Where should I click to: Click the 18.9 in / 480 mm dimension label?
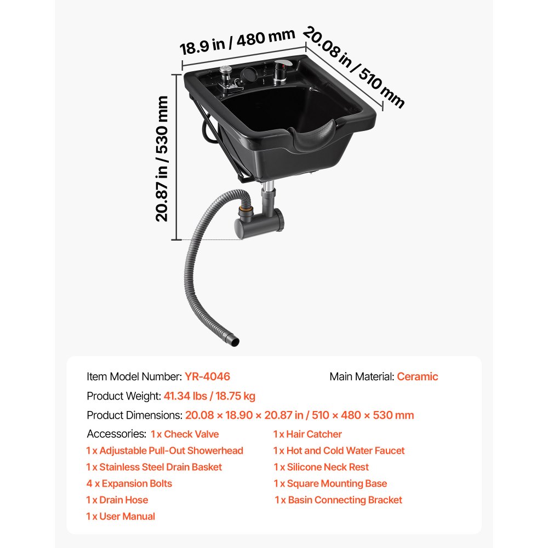click(237, 42)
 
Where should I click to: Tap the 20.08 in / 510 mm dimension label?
click(353, 67)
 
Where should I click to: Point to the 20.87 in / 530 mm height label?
click(162, 159)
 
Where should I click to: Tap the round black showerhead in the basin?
click(248, 75)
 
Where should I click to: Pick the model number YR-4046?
click(207, 376)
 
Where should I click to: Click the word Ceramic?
click(417, 376)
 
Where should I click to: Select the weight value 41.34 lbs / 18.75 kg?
click(209, 396)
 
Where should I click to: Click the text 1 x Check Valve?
click(185, 434)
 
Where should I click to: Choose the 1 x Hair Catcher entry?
click(307, 434)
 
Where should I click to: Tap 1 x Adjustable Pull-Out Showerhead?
click(164, 450)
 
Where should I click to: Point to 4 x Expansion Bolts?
click(129, 483)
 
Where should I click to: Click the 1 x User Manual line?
click(121, 516)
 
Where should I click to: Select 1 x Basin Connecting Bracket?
click(338, 500)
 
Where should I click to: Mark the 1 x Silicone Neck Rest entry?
click(321, 467)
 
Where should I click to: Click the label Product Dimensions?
click(135, 415)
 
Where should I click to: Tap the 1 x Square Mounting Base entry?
click(330, 483)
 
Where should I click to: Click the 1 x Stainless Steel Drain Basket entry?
click(154, 467)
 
